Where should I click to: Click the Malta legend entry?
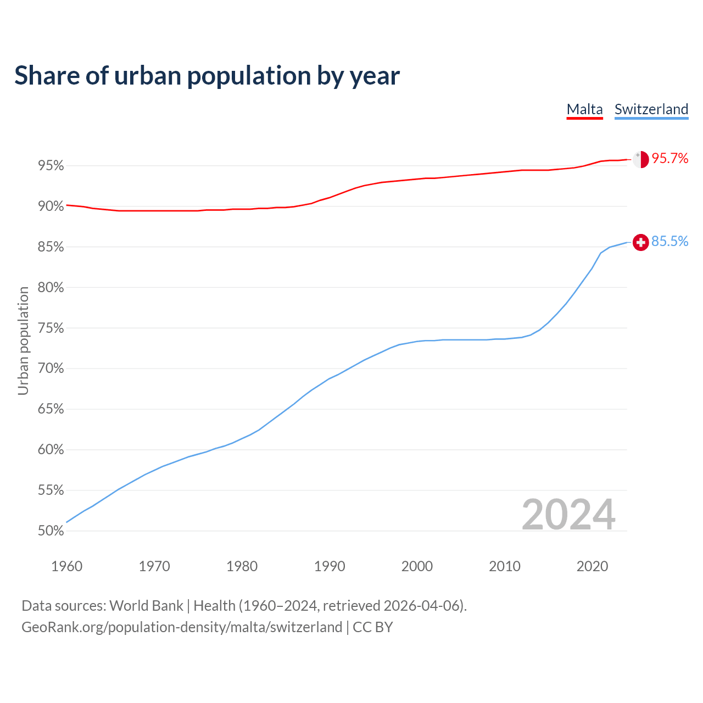tap(584, 109)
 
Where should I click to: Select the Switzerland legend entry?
tap(651, 109)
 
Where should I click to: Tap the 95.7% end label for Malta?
tap(669, 159)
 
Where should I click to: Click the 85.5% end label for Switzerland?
tap(669, 242)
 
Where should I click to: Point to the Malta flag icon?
tap(640, 159)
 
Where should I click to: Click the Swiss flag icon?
tap(640, 242)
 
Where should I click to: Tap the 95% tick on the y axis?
tap(51, 166)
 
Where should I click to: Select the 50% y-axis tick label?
tap(51, 531)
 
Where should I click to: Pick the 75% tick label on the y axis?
tap(51, 328)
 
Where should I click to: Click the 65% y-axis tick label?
tap(51, 409)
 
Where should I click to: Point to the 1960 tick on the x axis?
tap(66, 566)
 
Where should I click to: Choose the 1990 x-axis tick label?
tap(330, 566)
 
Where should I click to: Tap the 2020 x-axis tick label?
tap(592, 566)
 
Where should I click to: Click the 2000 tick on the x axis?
tap(417, 566)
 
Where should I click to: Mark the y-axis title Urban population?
tap(23, 341)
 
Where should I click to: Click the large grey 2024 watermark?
tap(568, 515)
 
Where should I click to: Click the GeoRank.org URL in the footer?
tap(182, 627)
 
